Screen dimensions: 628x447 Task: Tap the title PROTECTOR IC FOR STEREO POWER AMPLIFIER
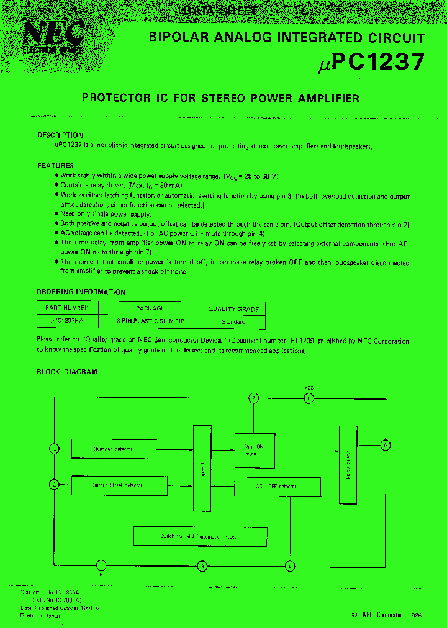220,98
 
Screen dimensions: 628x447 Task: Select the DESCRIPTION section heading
60,135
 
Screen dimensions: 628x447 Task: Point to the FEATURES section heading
55,166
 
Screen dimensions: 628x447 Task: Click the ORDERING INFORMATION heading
81,292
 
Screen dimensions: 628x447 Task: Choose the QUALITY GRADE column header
233,308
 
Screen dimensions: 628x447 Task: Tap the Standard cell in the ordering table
233,322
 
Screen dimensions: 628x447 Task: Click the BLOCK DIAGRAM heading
67,372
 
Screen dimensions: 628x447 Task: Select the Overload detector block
112,449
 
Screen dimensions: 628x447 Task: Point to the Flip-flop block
202,469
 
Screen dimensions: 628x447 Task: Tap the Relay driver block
348,464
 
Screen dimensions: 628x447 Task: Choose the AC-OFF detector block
277,487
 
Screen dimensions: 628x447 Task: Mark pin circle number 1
55,448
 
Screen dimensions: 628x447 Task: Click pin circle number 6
385,445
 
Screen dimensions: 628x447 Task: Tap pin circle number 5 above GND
102,565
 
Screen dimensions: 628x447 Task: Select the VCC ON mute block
255,450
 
